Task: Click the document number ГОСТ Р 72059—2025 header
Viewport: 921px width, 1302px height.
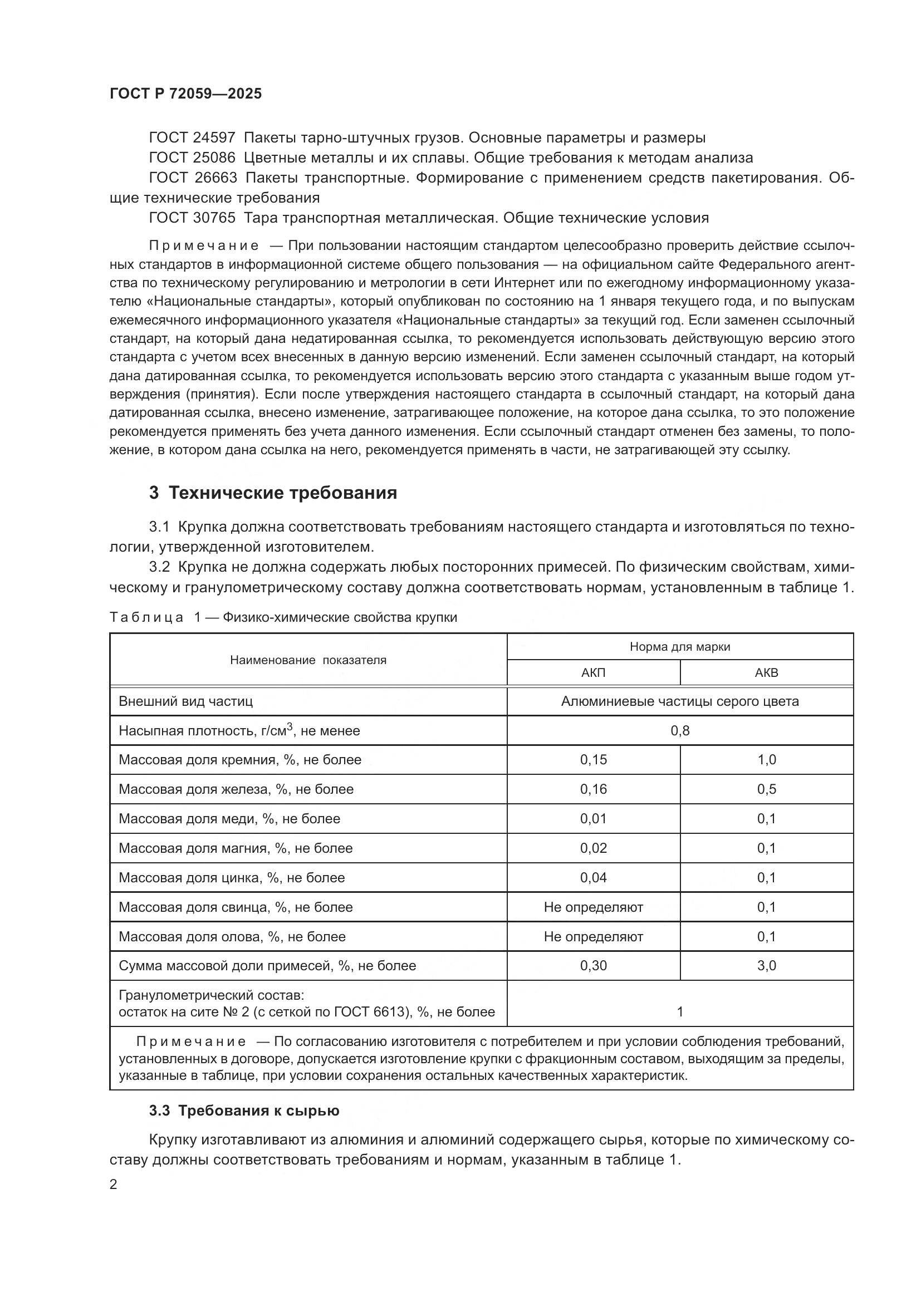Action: point(185,94)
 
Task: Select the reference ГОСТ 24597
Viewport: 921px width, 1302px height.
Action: point(192,138)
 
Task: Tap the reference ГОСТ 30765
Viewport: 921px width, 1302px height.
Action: point(192,218)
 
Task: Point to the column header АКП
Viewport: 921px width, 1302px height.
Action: point(593,672)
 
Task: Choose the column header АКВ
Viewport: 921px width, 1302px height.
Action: point(766,672)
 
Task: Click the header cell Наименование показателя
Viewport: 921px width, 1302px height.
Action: point(308,660)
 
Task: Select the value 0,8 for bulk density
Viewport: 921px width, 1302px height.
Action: point(680,730)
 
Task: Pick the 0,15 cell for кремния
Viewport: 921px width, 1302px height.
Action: point(593,760)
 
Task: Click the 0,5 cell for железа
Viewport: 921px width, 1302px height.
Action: point(766,789)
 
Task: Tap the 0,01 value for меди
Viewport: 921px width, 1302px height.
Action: point(593,819)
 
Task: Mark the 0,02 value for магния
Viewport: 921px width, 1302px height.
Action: point(593,848)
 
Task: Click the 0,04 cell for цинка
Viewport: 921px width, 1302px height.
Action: point(593,878)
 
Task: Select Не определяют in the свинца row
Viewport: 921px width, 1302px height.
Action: point(593,907)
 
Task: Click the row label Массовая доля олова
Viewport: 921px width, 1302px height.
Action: point(232,937)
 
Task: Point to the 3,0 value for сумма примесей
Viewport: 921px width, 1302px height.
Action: point(766,966)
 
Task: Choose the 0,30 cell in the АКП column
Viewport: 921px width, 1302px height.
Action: point(593,966)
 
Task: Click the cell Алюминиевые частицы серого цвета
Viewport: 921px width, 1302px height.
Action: point(680,701)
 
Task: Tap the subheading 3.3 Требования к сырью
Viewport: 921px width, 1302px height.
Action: point(244,1111)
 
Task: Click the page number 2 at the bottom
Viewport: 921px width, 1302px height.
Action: point(114,1185)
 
